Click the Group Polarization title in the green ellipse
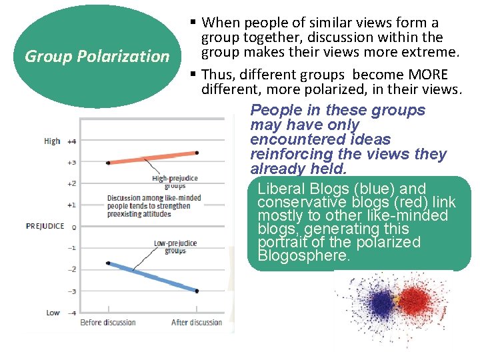(x=97, y=56)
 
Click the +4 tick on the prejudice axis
(x=71, y=141)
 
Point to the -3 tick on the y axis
(x=71, y=291)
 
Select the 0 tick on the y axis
(x=73, y=227)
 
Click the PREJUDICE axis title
(x=45, y=226)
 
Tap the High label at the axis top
(x=52, y=141)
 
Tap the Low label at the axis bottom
(x=53, y=313)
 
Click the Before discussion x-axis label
(x=108, y=323)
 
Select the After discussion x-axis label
(x=197, y=323)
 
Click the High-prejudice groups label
(x=175, y=182)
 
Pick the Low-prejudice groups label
(x=175, y=247)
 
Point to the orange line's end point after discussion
(x=197, y=153)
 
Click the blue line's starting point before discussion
(x=108, y=263)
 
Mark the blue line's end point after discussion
(x=197, y=291)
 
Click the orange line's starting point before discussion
(x=108, y=163)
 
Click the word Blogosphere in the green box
(x=303, y=256)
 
